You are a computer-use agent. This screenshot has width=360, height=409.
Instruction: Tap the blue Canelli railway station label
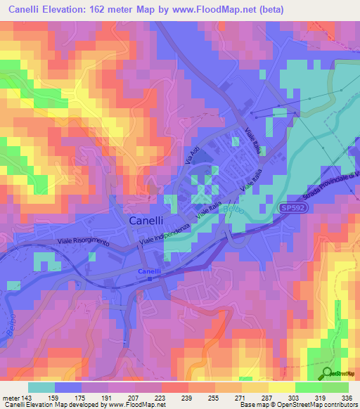click(150, 271)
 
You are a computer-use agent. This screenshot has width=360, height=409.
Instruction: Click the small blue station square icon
click(150, 279)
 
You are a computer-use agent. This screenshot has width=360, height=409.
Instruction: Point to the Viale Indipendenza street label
click(166, 231)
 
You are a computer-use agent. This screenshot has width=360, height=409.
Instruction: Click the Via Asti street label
click(189, 152)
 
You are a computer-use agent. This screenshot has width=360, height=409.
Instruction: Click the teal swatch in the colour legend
click(41, 387)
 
